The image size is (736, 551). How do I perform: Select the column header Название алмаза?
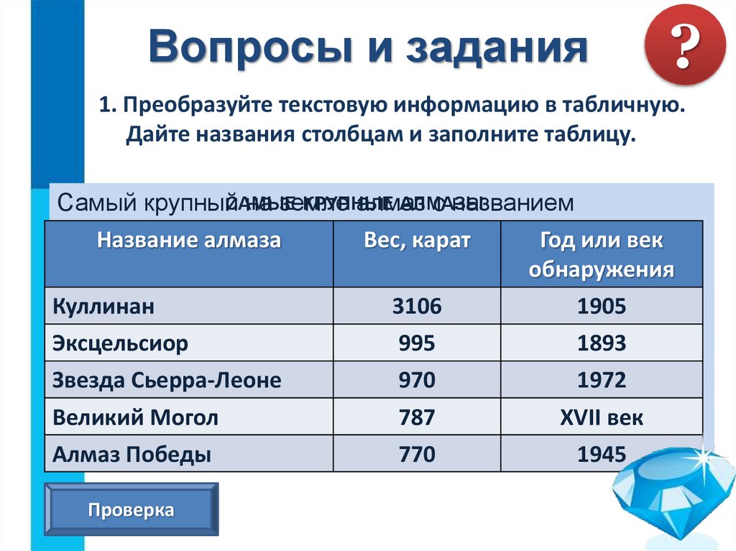pos(189,241)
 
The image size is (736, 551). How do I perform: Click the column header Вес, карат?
pos(417,241)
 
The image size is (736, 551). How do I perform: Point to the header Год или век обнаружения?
pos(601,255)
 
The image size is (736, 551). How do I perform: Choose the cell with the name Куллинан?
pos(103,307)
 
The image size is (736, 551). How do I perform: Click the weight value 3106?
pos(417,307)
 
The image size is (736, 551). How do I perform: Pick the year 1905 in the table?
pos(601,307)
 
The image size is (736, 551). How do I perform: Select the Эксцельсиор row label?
pos(119,343)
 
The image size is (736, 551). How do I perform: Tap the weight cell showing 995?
pos(417,343)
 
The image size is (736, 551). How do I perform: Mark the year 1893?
pos(601,343)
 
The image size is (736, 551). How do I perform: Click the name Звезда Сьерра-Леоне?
pos(166,380)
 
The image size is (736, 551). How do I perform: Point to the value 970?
pos(417,380)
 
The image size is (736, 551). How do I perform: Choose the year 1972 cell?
pos(601,380)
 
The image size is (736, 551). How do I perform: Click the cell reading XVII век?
pos(601,417)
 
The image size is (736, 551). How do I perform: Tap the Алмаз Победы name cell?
pos(131,454)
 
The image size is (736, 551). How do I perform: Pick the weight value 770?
pos(417,454)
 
